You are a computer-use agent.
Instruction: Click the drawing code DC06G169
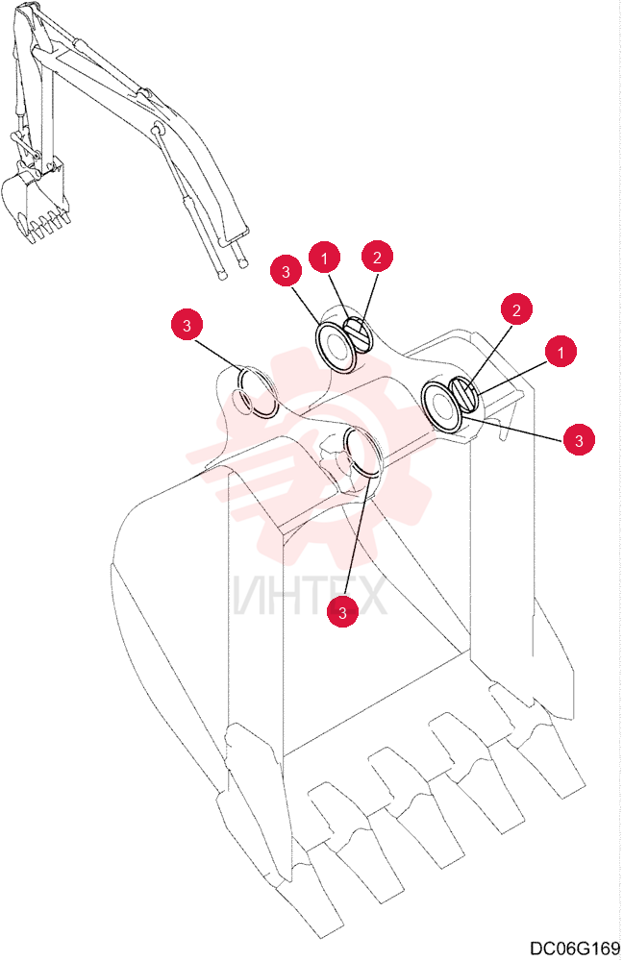tap(575, 948)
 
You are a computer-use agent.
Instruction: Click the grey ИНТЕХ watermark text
tap(310, 596)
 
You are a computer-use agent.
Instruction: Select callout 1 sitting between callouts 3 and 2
tap(324, 259)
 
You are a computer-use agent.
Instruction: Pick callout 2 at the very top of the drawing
tap(377, 257)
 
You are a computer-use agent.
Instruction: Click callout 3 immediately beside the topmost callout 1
tap(286, 272)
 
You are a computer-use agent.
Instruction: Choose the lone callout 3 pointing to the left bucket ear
tap(187, 325)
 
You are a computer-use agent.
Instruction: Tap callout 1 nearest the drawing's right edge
tap(560, 352)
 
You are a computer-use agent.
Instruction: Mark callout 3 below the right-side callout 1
tap(579, 439)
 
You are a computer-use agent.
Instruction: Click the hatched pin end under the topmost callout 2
tap(357, 335)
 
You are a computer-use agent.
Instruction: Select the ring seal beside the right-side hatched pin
tap(441, 406)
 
